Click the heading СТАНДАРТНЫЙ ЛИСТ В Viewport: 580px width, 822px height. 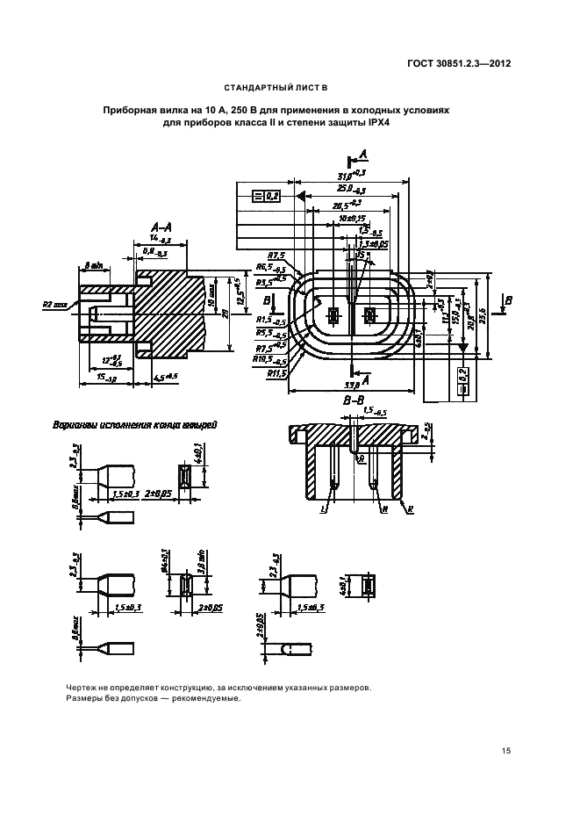point(276,89)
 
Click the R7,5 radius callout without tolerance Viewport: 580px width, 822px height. point(275,255)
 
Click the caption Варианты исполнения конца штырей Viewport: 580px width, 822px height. point(136,424)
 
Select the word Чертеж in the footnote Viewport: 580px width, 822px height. point(82,688)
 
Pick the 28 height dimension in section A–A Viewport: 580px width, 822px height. point(226,313)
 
